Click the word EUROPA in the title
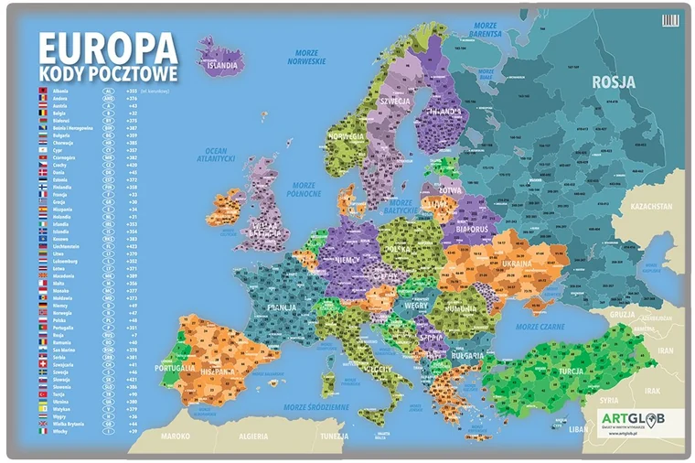click(107, 47)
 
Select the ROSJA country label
click(614, 82)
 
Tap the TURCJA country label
click(572, 372)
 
